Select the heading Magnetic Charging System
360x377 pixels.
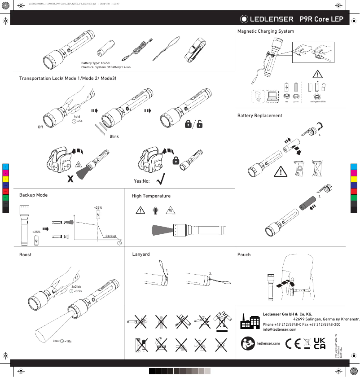tap(265, 31)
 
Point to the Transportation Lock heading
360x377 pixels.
tap(67, 79)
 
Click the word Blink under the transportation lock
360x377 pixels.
tap(114, 136)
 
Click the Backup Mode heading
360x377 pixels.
tap(33, 195)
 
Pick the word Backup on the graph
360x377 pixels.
tap(110, 236)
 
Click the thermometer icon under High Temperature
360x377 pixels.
tap(155, 210)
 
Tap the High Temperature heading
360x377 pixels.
tap(151, 196)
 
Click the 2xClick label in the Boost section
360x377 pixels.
tap(76, 286)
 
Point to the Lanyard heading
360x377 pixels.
tap(141, 254)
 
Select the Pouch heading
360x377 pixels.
tap(244, 254)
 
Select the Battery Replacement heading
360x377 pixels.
tap(259, 115)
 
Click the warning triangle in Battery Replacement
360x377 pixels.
tap(281, 171)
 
